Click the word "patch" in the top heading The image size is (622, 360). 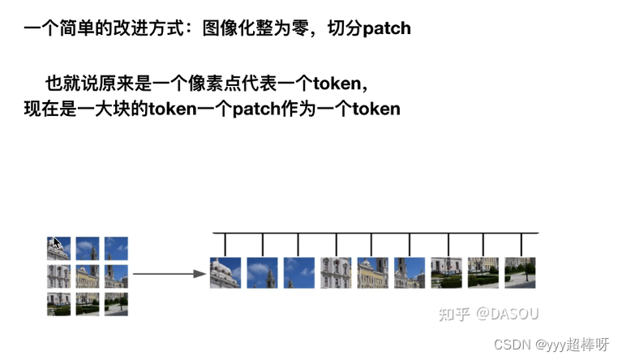coord(387,28)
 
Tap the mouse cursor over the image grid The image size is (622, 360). coord(56,242)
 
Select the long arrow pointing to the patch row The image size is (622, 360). coord(168,274)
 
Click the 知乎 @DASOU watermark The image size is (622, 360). coord(488,313)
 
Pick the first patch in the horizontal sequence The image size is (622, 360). coord(225,273)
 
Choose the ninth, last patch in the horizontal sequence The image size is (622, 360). coord(520,273)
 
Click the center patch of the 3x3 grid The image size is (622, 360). coord(88,276)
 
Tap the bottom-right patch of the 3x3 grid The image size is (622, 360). coord(116,304)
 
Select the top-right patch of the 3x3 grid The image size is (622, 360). coord(116,248)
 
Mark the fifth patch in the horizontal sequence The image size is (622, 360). coord(372,273)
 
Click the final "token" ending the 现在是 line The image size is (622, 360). coord(375,108)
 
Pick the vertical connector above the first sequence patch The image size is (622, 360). coord(225,245)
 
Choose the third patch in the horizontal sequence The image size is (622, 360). coord(298,273)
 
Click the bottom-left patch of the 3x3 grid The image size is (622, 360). coord(59,304)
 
